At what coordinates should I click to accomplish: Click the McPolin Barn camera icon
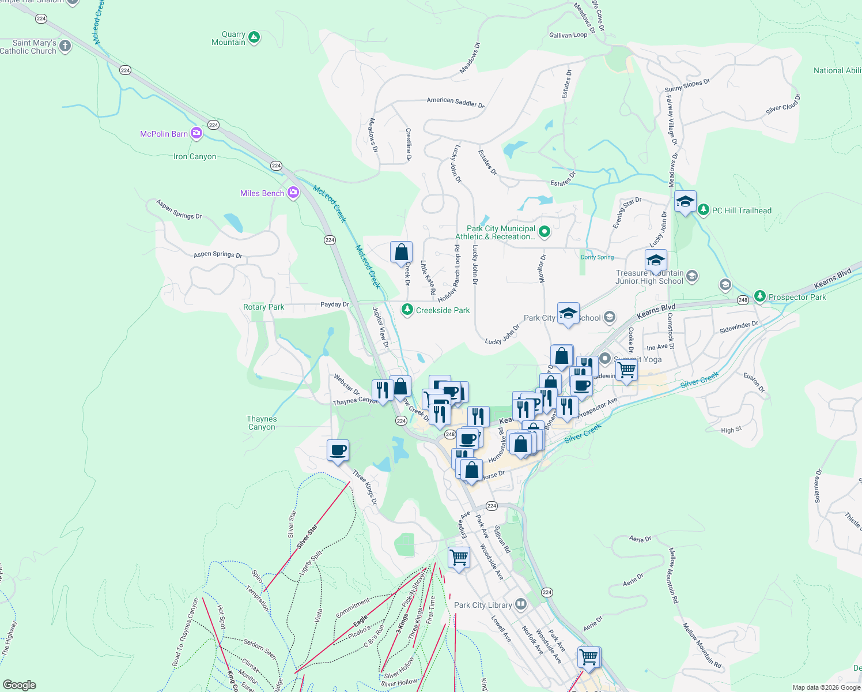(196, 134)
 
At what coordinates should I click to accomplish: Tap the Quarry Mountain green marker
(254, 38)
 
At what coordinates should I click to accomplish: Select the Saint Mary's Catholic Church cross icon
(65, 46)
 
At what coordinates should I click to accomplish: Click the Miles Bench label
(262, 193)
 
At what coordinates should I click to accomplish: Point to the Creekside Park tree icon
(407, 310)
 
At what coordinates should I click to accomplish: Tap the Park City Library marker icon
(521, 604)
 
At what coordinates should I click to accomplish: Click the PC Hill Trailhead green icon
(704, 210)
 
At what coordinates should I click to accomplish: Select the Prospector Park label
(797, 297)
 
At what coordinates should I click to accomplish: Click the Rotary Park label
(263, 307)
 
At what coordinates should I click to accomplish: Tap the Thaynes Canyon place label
(262, 423)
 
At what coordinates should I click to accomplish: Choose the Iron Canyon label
(195, 156)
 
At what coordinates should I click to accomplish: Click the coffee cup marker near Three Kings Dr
(338, 450)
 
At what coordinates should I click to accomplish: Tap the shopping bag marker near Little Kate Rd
(401, 252)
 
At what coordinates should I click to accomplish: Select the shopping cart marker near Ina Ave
(626, 369)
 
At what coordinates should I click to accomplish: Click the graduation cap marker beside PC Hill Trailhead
(685, 201)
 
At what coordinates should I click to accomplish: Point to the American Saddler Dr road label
(455, 102)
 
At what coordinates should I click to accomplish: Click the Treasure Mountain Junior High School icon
(692, 276)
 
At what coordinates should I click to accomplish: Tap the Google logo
(20, 685)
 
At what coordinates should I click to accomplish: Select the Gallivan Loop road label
(568, 35)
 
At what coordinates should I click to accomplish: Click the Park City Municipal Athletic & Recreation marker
(544, 232)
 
